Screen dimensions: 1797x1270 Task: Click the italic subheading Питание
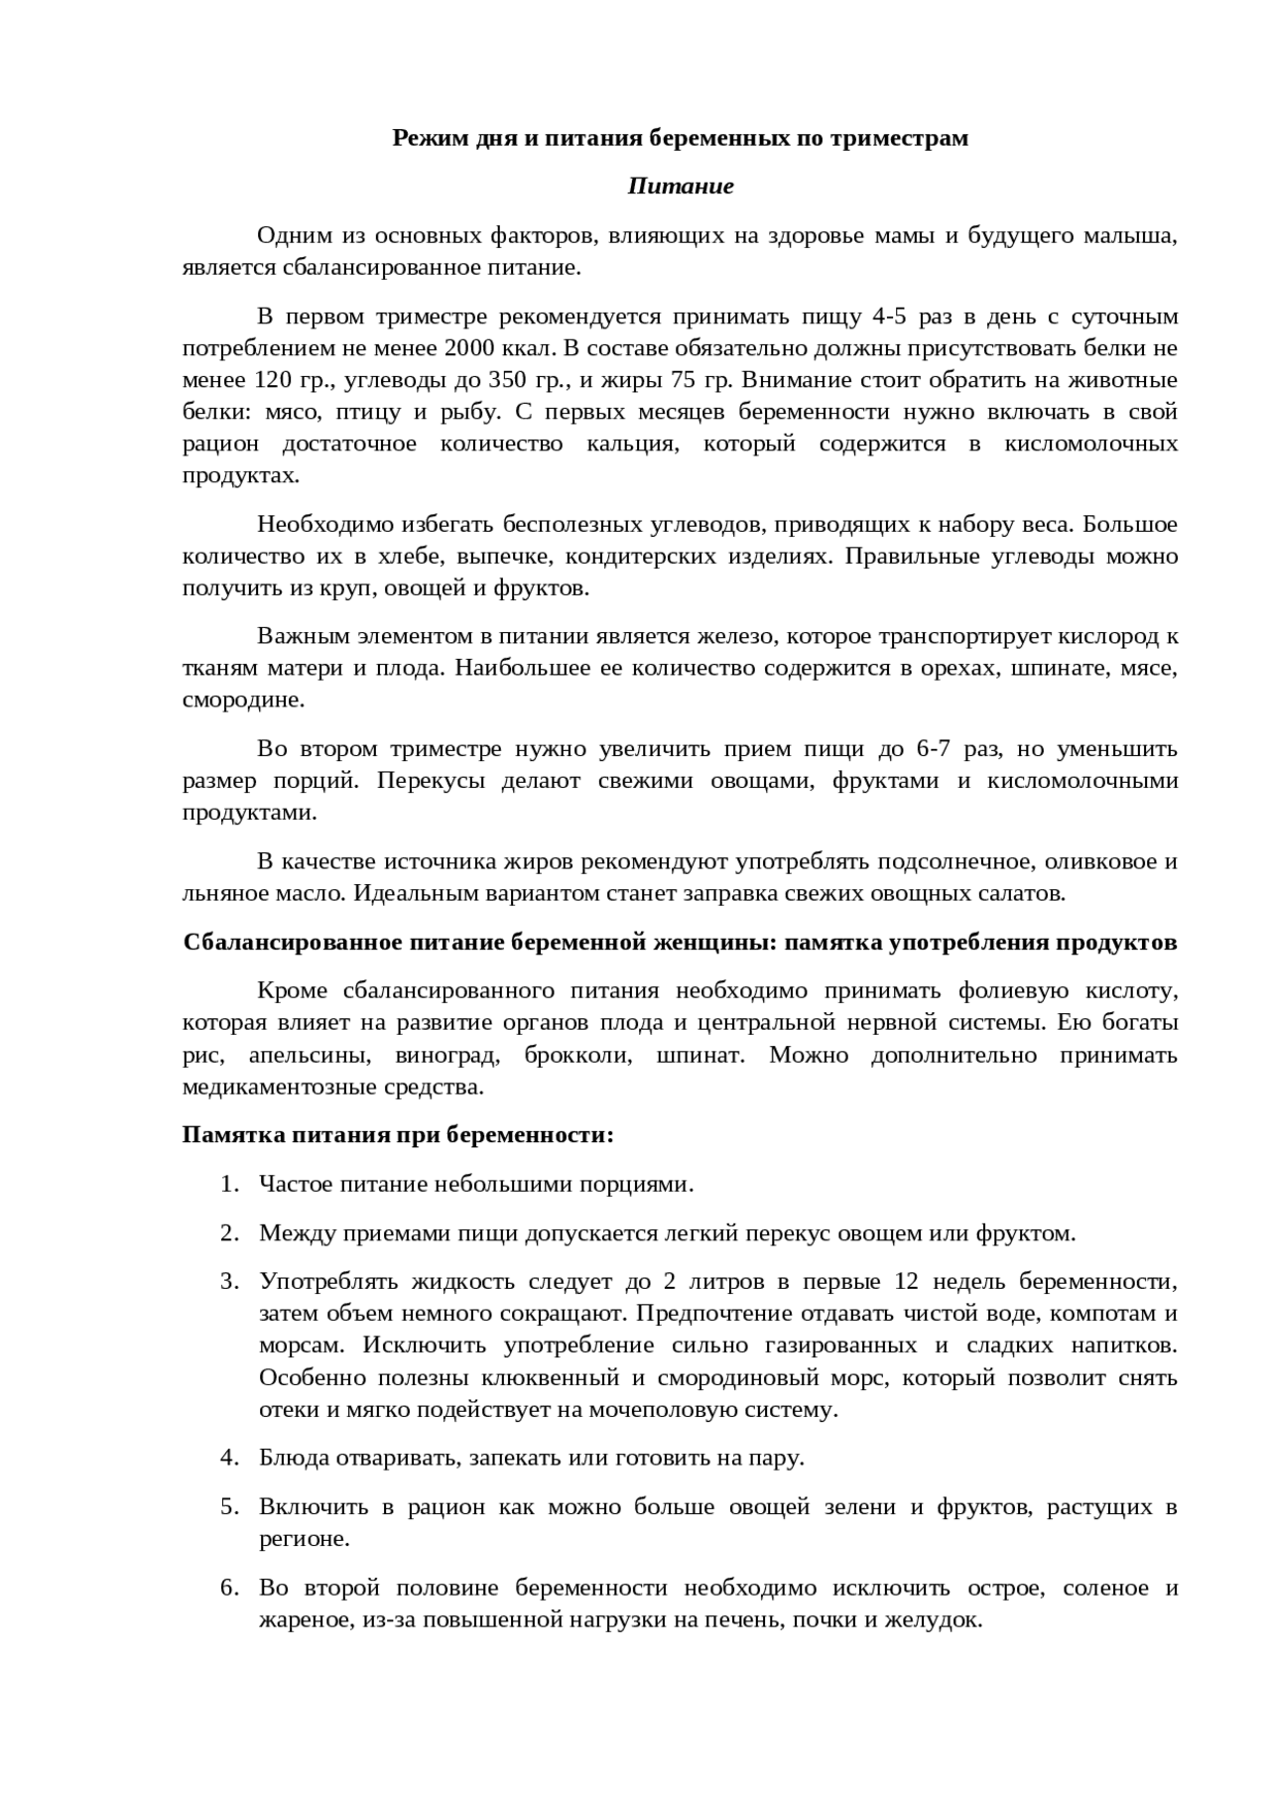(681, 187)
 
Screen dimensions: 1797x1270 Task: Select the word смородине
(242, 700)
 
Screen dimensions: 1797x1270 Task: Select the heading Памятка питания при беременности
(398, 1134)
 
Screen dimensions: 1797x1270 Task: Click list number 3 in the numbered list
(229, 1282)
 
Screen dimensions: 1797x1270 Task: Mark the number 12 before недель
(906, 1282)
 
